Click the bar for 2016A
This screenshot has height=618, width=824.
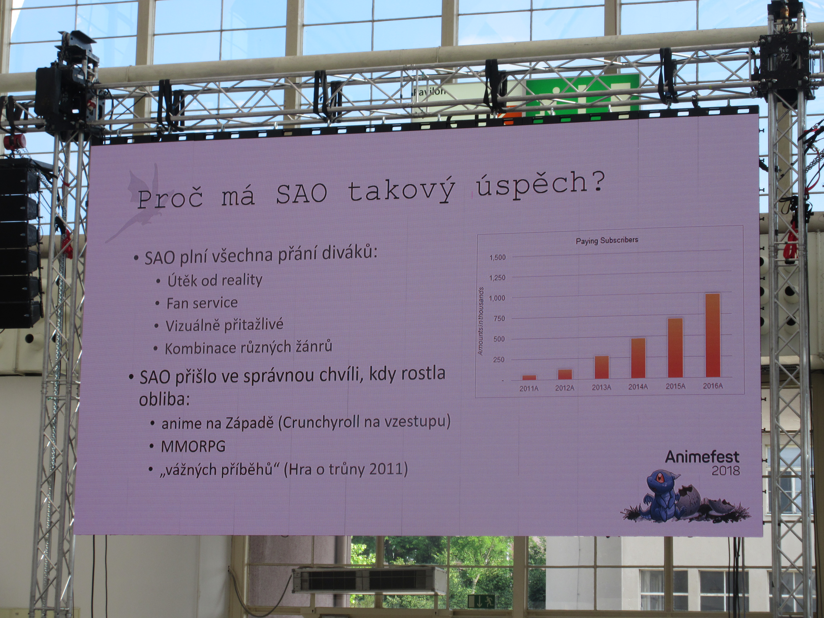(713, 335)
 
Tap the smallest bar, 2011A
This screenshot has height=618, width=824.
(529, 377)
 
